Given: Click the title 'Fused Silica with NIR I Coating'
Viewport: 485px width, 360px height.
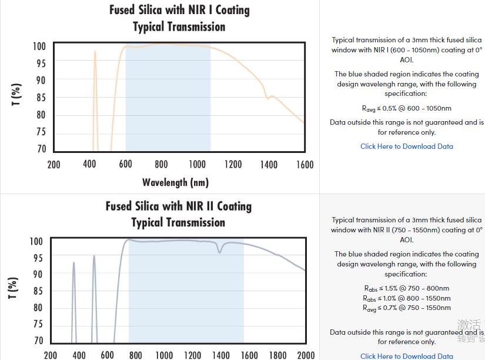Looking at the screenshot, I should click(x=179, y=10).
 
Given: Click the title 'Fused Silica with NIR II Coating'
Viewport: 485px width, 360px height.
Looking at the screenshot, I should click(x=179, y=206).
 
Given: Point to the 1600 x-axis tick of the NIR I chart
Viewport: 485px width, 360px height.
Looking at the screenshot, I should click(x=305, y=165).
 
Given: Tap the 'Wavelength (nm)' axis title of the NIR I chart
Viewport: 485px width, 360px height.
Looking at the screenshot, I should click(x=175, y=182).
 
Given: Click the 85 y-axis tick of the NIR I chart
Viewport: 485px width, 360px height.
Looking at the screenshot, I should click(x=41, y=98).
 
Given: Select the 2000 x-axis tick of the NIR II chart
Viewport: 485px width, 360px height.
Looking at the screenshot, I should click(x=306, y=355).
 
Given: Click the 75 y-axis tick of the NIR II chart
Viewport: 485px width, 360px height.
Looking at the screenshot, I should click(x=38, y=324).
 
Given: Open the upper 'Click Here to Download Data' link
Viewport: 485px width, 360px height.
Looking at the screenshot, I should click(x=406, y=146).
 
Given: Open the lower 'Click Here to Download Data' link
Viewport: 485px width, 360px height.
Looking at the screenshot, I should click(x=406, y=356).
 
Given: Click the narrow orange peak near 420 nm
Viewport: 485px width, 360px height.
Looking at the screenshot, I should click(x=95, y=52).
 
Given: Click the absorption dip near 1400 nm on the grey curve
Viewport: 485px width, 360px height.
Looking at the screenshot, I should click(x=220, y=252).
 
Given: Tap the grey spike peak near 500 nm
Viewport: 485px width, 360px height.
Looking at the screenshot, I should click(x=94, y=256).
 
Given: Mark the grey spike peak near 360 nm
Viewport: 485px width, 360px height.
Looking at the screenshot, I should click(x=73, y=263).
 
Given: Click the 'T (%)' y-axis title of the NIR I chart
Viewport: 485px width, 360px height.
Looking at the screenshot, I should click(x=16, y=95).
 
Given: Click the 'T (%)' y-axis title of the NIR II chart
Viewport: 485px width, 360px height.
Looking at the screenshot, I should click(x=13, y=288).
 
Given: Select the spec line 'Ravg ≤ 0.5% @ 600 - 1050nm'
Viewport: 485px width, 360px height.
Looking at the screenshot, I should click(x=406, y=108).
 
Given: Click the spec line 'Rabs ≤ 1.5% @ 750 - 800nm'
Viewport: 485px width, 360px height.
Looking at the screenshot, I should click(x=406, y=288).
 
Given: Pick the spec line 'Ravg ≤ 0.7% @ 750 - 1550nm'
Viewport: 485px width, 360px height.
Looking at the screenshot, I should click(x=406, y=308).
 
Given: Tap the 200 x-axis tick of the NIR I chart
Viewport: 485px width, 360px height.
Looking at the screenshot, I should click(x=53, y=165).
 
